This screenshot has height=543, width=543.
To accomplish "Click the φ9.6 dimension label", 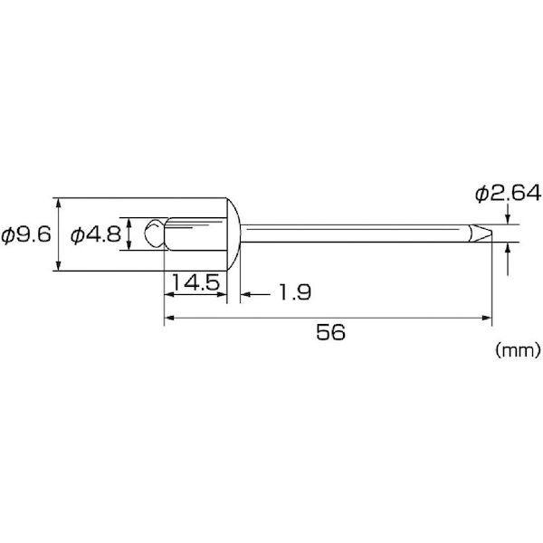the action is click(26, 235).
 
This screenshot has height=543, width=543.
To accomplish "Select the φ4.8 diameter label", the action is click(96, 235).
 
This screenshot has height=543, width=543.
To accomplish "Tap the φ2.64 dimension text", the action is click(508, 194).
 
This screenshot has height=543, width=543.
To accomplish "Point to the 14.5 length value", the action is click(195, 282).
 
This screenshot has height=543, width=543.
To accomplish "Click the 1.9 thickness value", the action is click(295, 292).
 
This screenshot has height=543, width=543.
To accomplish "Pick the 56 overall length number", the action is click(330, 332).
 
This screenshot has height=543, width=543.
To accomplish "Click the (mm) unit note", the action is click(518, 350).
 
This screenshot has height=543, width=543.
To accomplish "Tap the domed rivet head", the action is click(233, 234).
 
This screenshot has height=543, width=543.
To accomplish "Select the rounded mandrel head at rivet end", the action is click(155, 233).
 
